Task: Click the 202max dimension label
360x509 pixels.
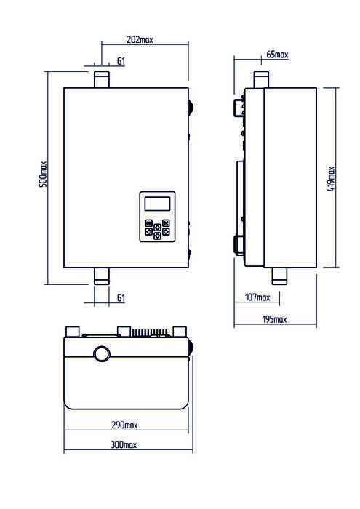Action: [140, 39]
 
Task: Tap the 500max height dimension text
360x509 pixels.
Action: [43, 174]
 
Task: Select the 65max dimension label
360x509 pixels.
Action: [277, 55]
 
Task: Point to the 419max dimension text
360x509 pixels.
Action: [331, 179]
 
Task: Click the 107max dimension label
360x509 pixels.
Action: [257, 297]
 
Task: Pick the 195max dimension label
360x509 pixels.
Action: [275, 319]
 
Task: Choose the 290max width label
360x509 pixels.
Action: [124, 425]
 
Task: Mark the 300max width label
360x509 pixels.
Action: [124, 445]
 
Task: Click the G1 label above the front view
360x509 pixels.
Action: [121, 61]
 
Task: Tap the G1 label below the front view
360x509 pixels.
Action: [121, 297]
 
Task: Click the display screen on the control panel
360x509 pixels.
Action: [157, 204]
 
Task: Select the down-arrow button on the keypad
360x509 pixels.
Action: [157, 236]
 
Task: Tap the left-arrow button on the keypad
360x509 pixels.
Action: [148, 231]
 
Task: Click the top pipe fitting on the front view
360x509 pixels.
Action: [102, 79]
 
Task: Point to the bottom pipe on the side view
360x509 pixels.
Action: [279, 276]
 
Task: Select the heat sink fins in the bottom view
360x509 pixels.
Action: [149, 333]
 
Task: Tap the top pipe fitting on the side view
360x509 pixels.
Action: [261, 79]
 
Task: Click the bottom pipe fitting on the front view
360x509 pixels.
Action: [102, 276]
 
